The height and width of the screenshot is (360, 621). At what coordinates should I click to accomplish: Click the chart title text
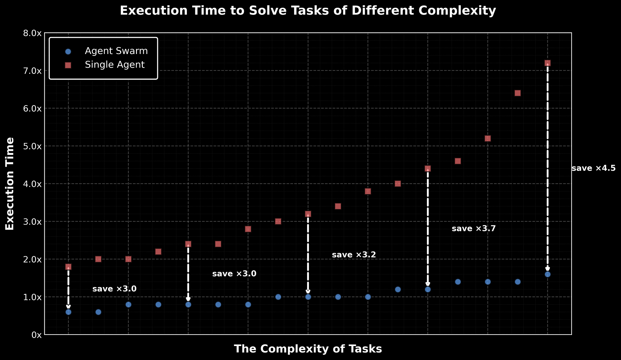click(308, 11)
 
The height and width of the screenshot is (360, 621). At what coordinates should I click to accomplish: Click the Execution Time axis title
click(10, 184)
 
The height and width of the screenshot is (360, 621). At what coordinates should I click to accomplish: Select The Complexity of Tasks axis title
click(308, 349)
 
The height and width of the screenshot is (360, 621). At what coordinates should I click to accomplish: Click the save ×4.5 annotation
click(593, 169)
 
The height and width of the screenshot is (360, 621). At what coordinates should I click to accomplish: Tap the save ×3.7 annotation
click(474, 229)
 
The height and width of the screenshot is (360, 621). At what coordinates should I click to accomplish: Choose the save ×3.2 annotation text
click(354, 255)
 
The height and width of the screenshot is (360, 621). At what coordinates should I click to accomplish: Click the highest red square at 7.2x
click(547, 63)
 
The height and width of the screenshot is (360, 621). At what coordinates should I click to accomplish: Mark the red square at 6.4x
click(518, 93)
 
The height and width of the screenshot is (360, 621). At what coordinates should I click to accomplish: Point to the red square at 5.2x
click(487, 138)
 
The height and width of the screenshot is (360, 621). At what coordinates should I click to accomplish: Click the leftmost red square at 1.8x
click(68, 267)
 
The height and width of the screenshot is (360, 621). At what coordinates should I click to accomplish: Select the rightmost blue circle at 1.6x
click(547, 274)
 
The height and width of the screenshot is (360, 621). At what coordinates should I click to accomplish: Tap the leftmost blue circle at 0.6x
click(68, 312)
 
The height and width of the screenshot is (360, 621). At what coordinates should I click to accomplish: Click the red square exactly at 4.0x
click(398, 184)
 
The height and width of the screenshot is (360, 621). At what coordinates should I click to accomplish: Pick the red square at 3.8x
click(368, 191)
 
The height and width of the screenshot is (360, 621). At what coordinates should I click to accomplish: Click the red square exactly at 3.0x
click(278, 221)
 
